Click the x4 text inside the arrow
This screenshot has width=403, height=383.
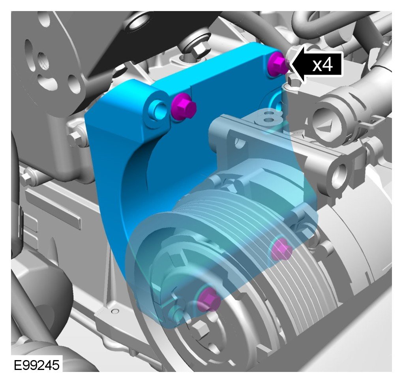click(322, 65)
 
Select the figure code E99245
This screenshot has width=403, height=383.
click(36, 365)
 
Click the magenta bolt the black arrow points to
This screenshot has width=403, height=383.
click(277, 63)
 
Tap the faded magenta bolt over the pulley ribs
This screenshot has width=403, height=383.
click(281, 249)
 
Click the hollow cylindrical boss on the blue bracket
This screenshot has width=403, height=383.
click(157, 109)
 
